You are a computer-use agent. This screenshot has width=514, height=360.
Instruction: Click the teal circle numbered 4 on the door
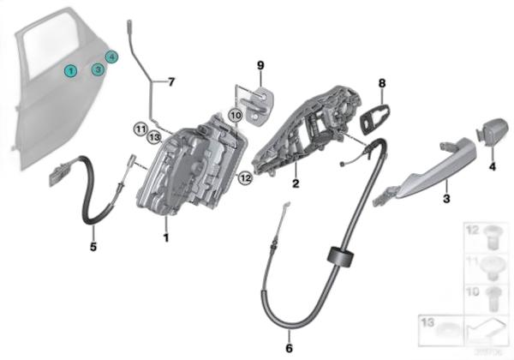[x=113, y=57]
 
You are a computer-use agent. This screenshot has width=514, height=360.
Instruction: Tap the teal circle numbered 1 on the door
[x=71, y=71]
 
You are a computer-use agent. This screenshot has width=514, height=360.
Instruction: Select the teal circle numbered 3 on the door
[x=99, y=69]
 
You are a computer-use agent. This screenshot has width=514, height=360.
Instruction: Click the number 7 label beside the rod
[x=170, y=82]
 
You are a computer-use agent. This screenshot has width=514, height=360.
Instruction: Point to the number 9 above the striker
[x=261, y=64]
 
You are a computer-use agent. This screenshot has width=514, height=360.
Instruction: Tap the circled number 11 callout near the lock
[x=140, y=129]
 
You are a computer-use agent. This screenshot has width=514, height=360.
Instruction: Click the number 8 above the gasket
[x=382, y=83]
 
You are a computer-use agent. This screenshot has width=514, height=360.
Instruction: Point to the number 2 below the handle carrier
[x=295, y=183]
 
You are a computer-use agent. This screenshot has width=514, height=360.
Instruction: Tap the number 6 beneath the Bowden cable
[x=289, y=347]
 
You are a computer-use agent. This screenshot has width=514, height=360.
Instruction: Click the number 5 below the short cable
[x=93, y=248]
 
